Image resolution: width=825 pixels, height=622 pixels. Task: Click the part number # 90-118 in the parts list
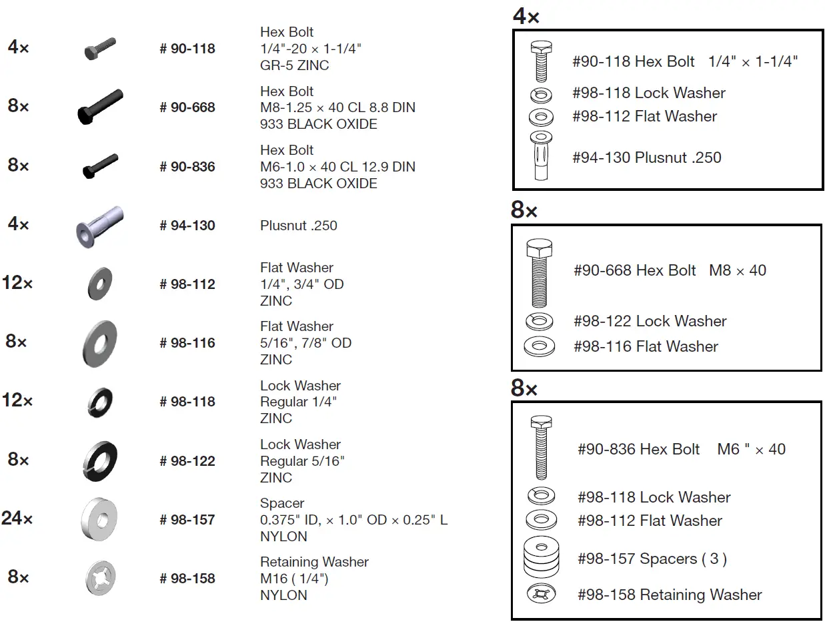[187, 49]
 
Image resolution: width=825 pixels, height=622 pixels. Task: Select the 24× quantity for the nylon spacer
[17, 518]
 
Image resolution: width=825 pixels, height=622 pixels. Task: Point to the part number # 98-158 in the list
[187, 579]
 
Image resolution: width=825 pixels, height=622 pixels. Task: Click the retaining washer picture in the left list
[100, 577]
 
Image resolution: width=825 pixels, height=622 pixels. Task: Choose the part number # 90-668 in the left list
[187, 107]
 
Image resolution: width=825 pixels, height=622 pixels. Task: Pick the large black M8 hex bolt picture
[100, 107]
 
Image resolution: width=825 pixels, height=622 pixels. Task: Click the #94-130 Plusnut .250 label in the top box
[646, 158]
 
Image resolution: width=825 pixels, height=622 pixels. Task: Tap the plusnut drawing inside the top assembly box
[540, 155]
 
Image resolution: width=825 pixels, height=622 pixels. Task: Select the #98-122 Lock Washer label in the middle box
[650, 321]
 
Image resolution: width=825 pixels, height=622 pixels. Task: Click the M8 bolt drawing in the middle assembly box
[539, 272]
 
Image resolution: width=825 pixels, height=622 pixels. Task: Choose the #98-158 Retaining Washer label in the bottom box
[669, 595]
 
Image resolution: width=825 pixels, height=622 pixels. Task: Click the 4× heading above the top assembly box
[526, 17]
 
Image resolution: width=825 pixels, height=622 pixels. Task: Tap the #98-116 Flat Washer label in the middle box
[646, 346]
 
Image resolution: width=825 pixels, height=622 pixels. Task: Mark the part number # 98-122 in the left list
[187, 461]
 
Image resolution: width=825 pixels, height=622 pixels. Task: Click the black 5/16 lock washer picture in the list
[100, 460]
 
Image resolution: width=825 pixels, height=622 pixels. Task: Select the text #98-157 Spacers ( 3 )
[652, 559]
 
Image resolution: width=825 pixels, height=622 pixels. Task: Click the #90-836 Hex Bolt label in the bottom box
[638, 449]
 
